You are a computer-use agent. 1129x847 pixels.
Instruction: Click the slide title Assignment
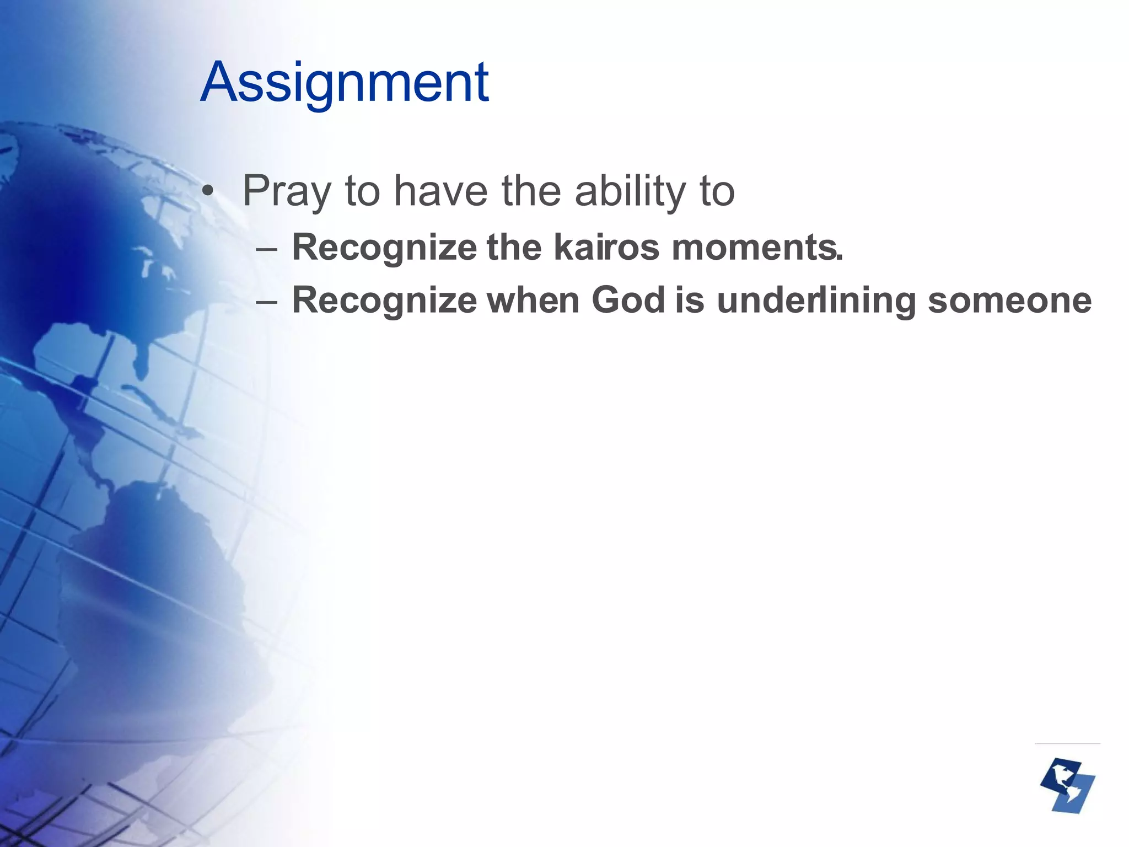(345, 83)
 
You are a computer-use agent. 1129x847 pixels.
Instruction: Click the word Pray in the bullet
(286, 191)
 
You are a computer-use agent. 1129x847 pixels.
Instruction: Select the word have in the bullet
(440, 191)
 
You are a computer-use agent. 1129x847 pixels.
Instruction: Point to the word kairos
(606, 247)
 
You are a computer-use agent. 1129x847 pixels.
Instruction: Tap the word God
(628, 300)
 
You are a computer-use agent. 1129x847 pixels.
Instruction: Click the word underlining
(816, 301)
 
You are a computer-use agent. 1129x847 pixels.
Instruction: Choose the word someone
(1009, 301)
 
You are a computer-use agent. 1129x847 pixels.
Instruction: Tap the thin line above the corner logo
(1067, 743)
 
